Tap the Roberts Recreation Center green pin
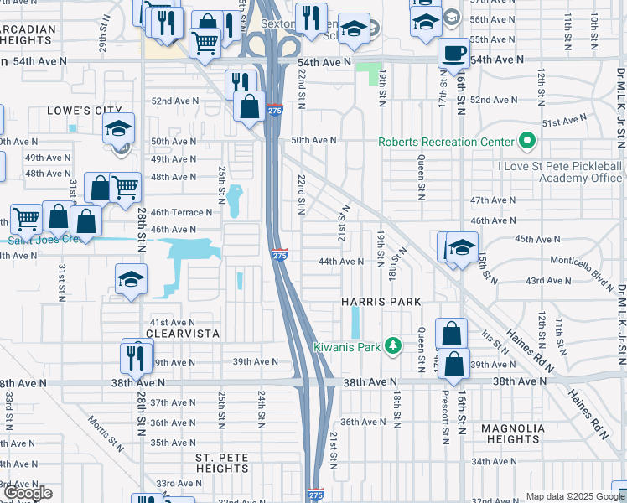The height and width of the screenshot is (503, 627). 527,141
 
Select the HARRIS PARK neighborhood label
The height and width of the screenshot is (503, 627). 380,301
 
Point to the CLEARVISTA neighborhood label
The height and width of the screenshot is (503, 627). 183,333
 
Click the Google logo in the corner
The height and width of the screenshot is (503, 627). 28,493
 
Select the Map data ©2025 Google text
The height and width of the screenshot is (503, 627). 575,496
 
